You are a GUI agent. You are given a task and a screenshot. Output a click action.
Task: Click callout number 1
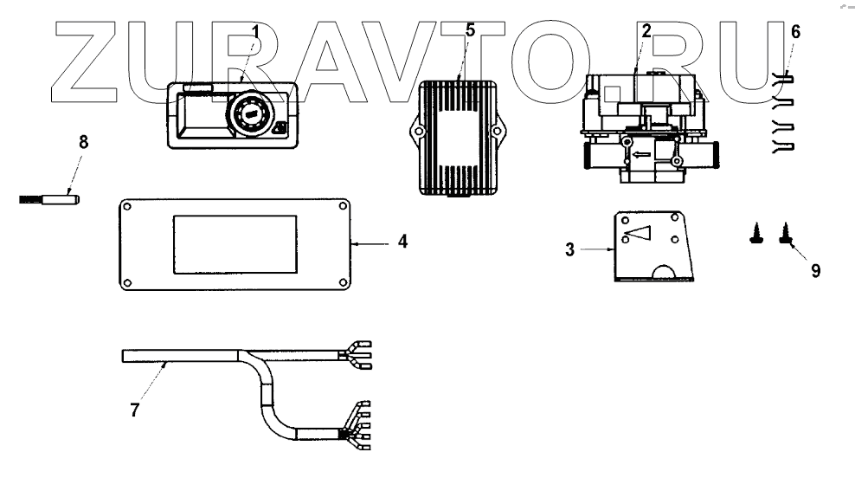tap(254, 31)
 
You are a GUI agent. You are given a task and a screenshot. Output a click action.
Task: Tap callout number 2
tap(646, 30)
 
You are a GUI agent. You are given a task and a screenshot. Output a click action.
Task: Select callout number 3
tap(569, 249)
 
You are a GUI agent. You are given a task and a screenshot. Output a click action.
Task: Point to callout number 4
tap(402, 242)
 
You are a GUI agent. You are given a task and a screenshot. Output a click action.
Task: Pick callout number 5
tap(470, 29)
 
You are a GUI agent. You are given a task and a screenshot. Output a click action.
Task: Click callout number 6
tap(795, 32)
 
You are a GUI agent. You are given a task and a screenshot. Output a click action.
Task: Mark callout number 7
tap(134, 410)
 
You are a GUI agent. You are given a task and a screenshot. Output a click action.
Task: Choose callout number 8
tap(83, 142)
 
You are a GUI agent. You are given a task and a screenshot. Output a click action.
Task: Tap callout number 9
tap(815, 269)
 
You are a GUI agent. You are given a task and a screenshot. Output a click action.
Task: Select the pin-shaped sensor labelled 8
tap(50, 199)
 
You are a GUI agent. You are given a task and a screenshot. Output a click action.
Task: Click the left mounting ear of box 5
tap(415, 133)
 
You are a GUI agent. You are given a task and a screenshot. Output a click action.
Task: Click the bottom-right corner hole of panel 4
tap(343, 281)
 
